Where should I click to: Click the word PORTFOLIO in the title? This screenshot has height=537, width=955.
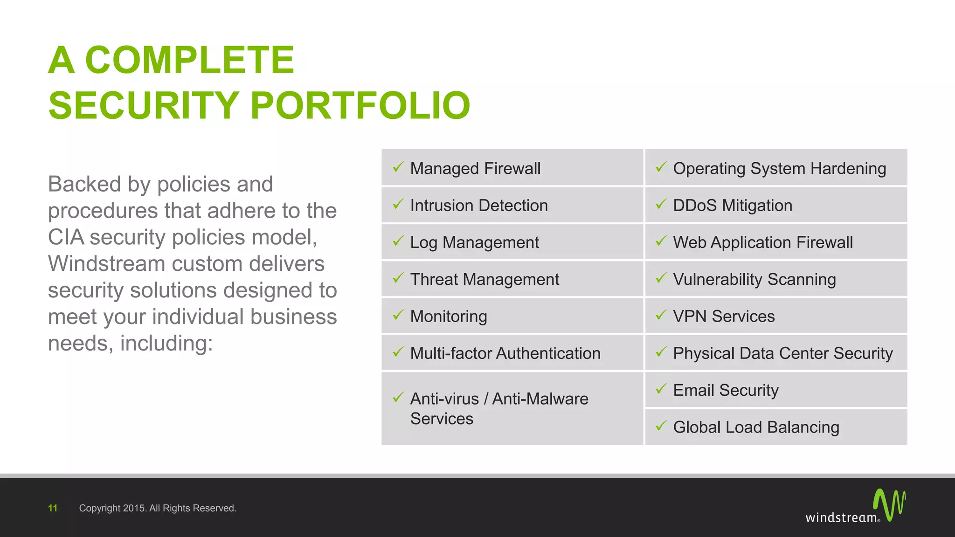pyautogui.click(x=360, y=105)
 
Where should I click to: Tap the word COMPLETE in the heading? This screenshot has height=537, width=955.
pyautogui.click(x=189, y=60)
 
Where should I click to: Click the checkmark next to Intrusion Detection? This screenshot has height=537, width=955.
pyautogui.click(x=398, y=204)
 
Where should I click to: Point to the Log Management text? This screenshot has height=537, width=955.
pyautogui.click(x=474, y=242)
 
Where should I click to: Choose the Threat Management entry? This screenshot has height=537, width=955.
pyautogui.click(x=484, y=279)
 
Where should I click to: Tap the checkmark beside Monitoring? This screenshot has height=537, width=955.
pyautogui.click(x=398, y=315)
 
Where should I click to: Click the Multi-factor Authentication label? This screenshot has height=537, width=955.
pyautogui.click(x=505, y=353)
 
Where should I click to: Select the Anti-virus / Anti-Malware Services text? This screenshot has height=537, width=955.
pyautogui.click(x=499, y=408)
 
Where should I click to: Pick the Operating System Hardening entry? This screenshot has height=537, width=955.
pyautogui.click(x=779, y=168)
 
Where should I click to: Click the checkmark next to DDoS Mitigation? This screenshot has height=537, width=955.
pyautogui.click(x=661, y=204)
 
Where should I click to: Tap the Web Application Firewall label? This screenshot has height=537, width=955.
pyautogui.click(x=763, y=242)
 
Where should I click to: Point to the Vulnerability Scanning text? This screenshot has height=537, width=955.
pyautogui.click(x=754, y=279)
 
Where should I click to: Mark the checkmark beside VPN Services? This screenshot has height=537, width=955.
pyautogui.click(x=661, y=315)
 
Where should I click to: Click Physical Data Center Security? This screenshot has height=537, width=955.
pyautogui.click(x=782, y=353)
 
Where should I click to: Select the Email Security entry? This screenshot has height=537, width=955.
pyautogui.click(x=726, y=390)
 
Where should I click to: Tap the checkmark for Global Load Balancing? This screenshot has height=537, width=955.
pyautogui.click(x=661, y=426)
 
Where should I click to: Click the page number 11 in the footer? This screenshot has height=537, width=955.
pyautogui.click(x=53, y=508)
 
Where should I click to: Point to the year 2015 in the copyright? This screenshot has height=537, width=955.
pyautogui.click(x=135, y=508)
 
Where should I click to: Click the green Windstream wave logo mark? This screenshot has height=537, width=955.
pyautogui.click(x=889, y=504)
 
